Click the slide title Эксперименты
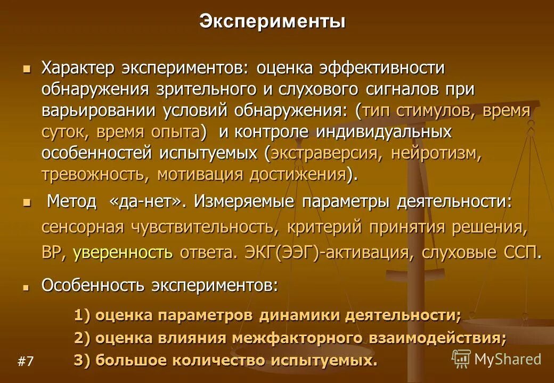tap(272, 22)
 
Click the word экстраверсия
tap(327, 154)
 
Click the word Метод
tap(72, 202)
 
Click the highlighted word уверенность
tap(123, 252)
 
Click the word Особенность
tap(93, 285)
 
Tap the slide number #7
tap(26, 362)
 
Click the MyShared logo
tap(496, 359)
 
